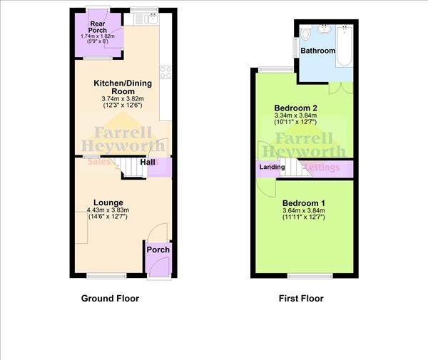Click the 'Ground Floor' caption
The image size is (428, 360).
pyautogui.click(x=110, y=299)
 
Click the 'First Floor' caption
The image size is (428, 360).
pyautogui.click(x=301, y=299)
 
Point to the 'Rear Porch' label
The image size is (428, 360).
pyautogui.click(x=98, y=26)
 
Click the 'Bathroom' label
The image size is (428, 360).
pyautogui.click(x=317, y=51)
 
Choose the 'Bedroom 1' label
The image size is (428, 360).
pyautogui.click(x=303, y=202)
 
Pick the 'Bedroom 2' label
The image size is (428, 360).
pyautogui.click(x=296, y=108)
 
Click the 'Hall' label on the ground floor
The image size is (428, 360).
pyautogui.click(x=148, y=163)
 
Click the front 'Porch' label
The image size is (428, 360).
pyautogui.click(x=158, y=250)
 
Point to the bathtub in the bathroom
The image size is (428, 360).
pyautogui.click(x=344, y=46)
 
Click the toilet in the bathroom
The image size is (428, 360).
pyautogui.click(x=306, y=34)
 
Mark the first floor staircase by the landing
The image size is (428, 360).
pyautogui.click(x=291, y=168)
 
